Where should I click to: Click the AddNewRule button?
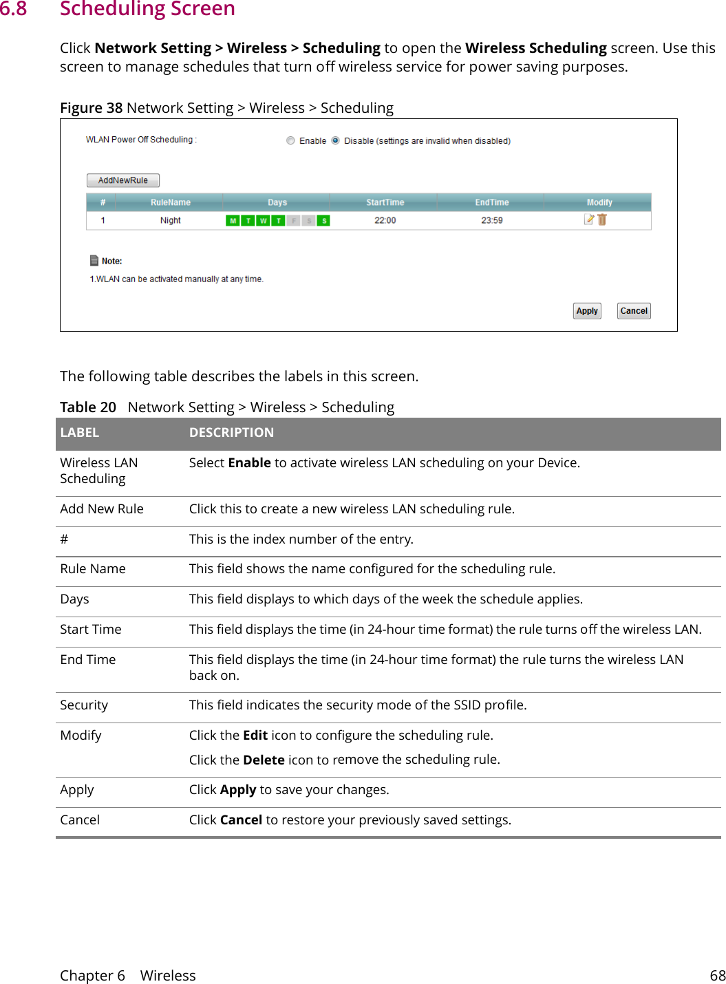(122, 180)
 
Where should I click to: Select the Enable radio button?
(290, 140)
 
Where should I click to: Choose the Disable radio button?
(335, 140)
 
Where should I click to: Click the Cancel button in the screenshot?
(633, 311)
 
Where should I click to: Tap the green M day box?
(233, 221)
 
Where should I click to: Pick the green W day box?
(263, 221)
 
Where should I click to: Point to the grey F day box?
(293, 221)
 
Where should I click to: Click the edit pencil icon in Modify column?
(588, 220)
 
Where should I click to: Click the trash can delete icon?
(602, 220)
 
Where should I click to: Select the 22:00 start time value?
(385, 221)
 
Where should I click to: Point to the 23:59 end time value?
(491, 221)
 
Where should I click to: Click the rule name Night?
(170, 221)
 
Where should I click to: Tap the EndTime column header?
(491, 202)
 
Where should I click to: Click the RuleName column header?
(170, 202)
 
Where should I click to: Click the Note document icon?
(94, 261)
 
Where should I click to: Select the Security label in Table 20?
(84, 705)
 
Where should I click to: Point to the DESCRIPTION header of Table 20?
(231, 433)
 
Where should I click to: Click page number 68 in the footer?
(717, 976)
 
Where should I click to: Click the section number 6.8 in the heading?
(14, 9)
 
